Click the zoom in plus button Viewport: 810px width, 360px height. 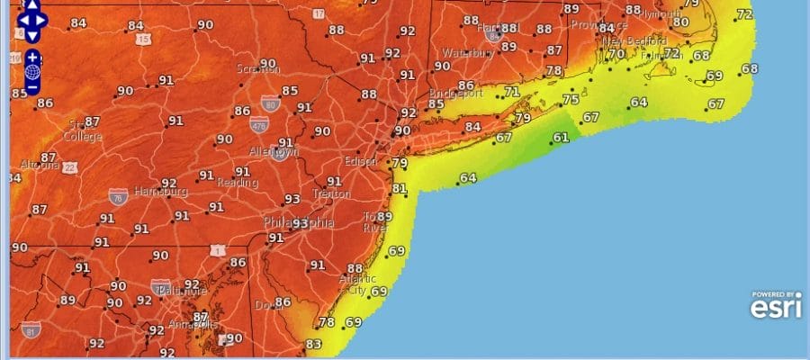point(32,57)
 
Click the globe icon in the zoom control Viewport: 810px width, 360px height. point(32,72)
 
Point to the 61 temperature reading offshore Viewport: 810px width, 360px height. point(561,138)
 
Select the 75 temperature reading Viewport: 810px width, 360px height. point(571,100)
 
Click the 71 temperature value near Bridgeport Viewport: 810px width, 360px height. point(512,92)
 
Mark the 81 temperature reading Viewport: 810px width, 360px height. point(400,189)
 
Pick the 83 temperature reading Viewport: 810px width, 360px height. point(313,344)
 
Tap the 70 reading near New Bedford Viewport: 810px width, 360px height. point(616,54)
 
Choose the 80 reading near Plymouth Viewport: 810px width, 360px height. point(680,22)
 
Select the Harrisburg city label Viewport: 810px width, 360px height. point(160,192)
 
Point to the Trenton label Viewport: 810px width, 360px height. point(331,193)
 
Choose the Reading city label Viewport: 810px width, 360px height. point(238,183)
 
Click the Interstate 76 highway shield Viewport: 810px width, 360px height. point(118,195)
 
